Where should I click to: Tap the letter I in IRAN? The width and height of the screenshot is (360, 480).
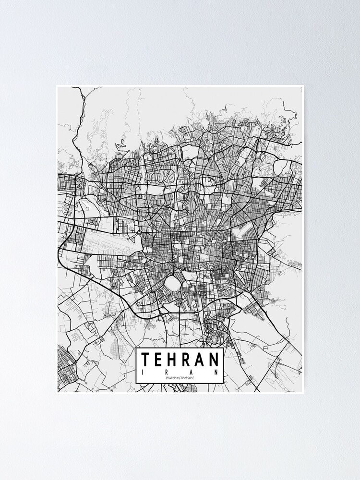(143, 372)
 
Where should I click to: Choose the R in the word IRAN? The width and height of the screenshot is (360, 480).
(167, 372)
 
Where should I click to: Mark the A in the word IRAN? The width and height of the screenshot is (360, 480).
(192, 372)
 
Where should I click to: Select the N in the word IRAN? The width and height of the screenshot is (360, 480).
(216, 372)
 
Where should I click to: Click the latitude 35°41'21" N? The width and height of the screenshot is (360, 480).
(171, 379)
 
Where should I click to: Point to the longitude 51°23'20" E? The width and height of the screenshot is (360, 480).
(189, 379)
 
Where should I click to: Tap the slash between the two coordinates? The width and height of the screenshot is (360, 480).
(180, 379)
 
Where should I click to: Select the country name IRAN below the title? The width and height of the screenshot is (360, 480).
(180, 372)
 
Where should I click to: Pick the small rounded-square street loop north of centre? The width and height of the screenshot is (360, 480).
(210, 181)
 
